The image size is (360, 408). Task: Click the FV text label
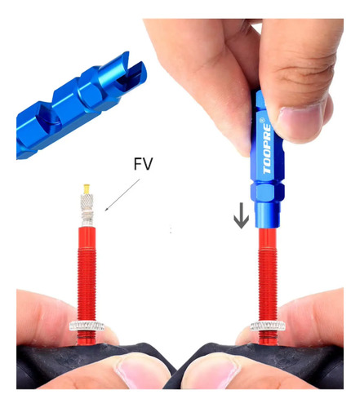[x=143, y=164]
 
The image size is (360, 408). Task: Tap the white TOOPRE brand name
[x=267, y=149]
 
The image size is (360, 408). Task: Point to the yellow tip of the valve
[x=87, y=188]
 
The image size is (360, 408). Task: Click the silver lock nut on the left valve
[x=87, y=326]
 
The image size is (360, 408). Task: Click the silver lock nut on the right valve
[x=268, y=326]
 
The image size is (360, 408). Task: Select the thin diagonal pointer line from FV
[x=122, y=195]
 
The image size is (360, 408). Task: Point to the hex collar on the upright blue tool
[x=268, y=192]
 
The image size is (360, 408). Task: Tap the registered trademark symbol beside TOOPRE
[x=262, y=119]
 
